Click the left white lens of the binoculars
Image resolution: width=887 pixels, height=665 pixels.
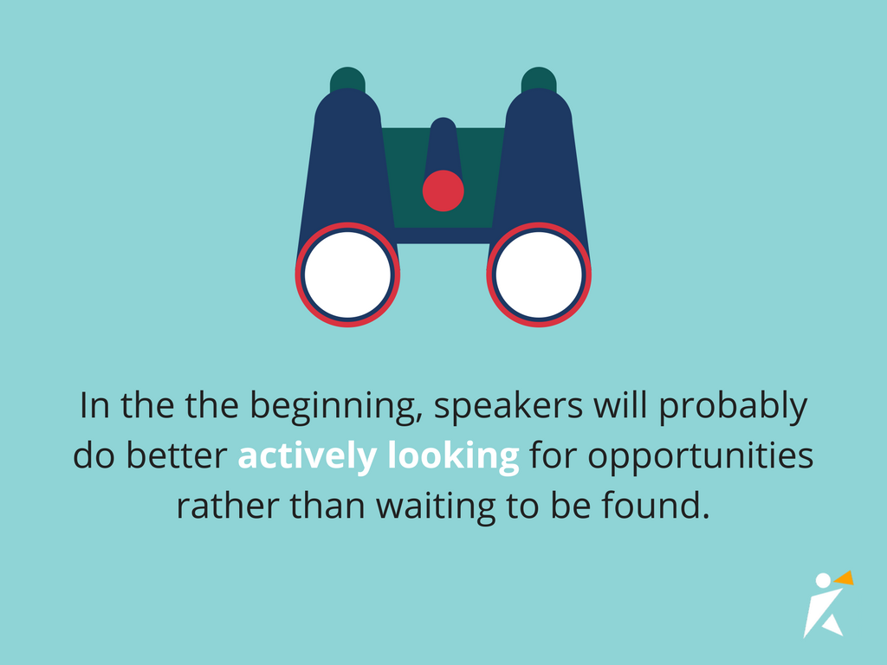coord(347,274)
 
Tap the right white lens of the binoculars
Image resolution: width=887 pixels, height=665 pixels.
coord(538,274)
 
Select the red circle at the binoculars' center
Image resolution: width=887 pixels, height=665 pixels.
coord(443,190)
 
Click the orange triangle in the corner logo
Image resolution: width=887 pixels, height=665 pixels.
coord(844,578)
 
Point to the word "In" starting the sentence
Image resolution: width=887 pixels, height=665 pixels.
coord(94,406)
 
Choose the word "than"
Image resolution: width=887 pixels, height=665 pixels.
coord(320,505)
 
